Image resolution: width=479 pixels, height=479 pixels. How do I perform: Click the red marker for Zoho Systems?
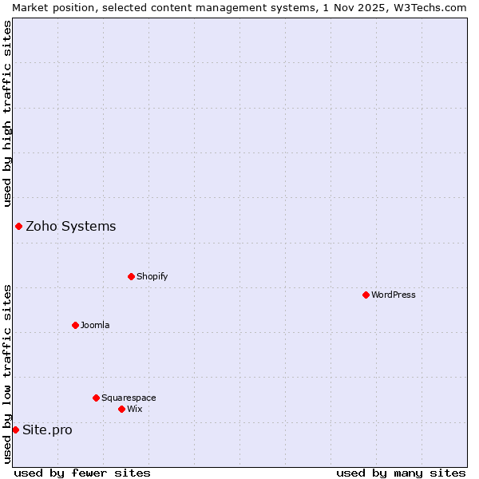click(18, 227)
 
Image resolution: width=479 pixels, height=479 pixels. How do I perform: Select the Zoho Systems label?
click(70, 227)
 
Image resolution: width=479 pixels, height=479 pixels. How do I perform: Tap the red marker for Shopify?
click(132, 277)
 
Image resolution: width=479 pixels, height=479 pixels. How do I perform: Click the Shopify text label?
click(152, 277)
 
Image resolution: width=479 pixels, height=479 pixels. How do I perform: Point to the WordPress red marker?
click(366, 295)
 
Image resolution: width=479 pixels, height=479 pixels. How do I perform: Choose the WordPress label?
click(393, 295)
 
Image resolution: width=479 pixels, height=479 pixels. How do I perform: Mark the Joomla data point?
click(76, 326)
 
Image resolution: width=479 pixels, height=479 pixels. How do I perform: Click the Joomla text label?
click(95, 326)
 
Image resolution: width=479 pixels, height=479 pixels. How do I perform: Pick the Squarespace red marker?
click(97, 398)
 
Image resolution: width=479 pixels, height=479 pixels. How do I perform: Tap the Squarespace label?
click(129, 398)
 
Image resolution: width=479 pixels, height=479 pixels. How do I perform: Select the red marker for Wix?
click(122, 410)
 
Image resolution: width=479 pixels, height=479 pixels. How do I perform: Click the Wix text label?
click(135, 410)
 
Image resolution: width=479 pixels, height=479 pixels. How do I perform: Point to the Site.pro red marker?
click(15, 430)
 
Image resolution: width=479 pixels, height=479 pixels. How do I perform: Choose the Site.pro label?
click(47, 430)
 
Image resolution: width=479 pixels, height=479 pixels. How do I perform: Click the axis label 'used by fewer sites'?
click(82, 473)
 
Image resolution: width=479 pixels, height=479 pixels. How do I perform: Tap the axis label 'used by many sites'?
click(401, 473)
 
